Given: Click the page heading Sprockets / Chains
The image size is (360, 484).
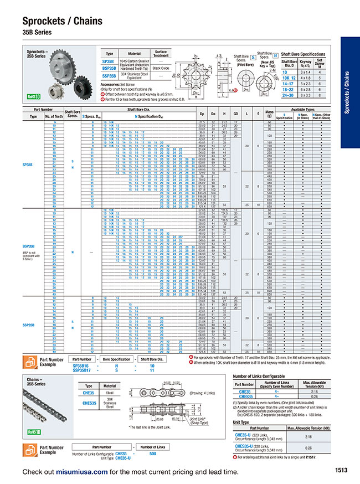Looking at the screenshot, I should [x=62, y=22].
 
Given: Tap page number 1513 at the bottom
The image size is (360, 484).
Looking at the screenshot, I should [x=341, y=471].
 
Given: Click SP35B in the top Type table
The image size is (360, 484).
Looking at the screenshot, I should [x=109, y=62].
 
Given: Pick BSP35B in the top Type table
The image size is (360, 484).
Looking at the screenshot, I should [x=109, y=68].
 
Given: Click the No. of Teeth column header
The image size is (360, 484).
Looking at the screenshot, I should [x=54, y=116].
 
